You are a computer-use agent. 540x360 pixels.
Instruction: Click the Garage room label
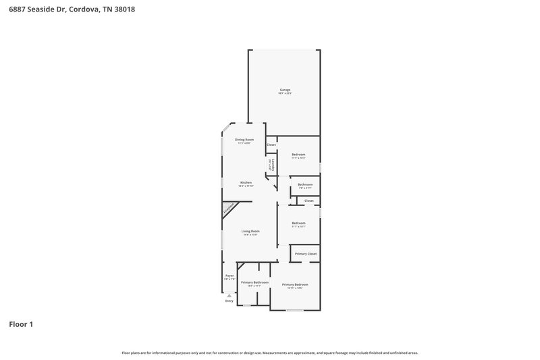(x=285, y=90)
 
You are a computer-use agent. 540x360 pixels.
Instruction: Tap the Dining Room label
(x=244, y=139)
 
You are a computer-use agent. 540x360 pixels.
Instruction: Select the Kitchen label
(x=246, y=182)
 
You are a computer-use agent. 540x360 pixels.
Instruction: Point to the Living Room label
(x=250, y=231)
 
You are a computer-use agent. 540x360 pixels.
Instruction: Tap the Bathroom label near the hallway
(x=305, y=184)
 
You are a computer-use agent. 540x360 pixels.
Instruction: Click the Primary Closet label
(x=306, y=253)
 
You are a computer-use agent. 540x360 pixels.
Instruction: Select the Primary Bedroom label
(x=295, y=284)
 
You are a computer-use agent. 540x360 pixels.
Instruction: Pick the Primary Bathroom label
(x=254, y=282)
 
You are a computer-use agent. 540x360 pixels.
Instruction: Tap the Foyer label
(x=230, y=276)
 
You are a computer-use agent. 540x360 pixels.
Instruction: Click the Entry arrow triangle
(x=230, y=295)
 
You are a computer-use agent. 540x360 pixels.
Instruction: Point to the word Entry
(x=230, y=301)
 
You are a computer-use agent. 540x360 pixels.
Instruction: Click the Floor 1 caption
(x=21, y=324)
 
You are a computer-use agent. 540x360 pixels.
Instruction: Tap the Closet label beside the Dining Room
(x=271, y=145)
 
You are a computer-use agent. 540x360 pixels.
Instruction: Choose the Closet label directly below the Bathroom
(x=308, y=201)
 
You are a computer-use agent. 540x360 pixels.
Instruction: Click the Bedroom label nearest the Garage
(x=298, y=154)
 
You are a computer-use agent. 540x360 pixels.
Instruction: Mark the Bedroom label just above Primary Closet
(x=298, y=223)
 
